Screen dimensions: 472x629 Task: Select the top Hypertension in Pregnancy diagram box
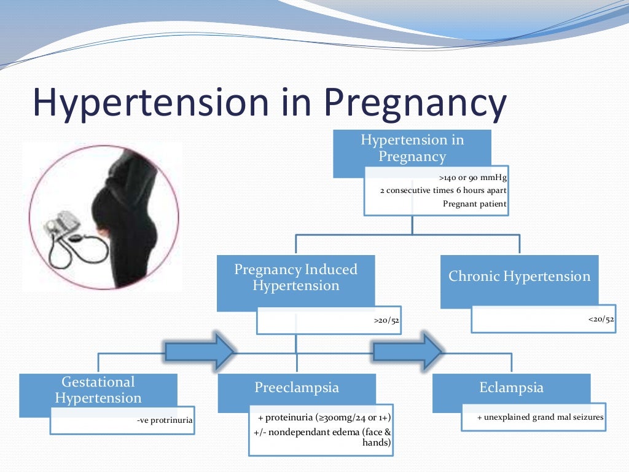coord(412,148)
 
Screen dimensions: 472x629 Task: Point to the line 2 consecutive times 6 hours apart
coord(444,191)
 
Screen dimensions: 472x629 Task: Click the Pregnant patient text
coord(475,204)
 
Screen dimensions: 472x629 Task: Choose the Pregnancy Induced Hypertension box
coord(295,278)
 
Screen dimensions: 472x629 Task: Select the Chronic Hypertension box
coord(519,277)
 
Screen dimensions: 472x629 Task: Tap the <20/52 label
coord(600,319)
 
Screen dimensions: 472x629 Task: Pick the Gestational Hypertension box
coord(98,390)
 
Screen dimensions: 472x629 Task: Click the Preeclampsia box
coord(297,388)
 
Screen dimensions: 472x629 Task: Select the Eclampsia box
coord(511,388)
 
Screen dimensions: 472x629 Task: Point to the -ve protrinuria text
coord(165,421)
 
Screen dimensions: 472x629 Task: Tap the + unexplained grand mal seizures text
coord(541,417)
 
